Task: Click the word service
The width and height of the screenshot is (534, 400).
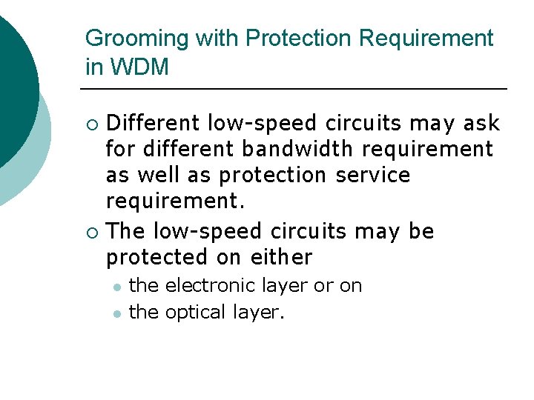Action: [x=373, y=176]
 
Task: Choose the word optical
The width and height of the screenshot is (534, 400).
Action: [x=196, y=313]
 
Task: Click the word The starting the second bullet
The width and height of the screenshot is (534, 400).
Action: [x=125, y=231]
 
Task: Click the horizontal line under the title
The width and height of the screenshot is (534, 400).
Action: [x=294, y=90]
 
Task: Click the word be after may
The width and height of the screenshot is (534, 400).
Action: [x=421, y=231]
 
